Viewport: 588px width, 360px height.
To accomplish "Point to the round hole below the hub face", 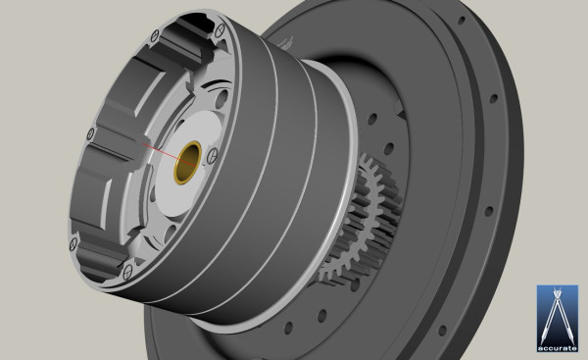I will [x=171, y=232].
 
